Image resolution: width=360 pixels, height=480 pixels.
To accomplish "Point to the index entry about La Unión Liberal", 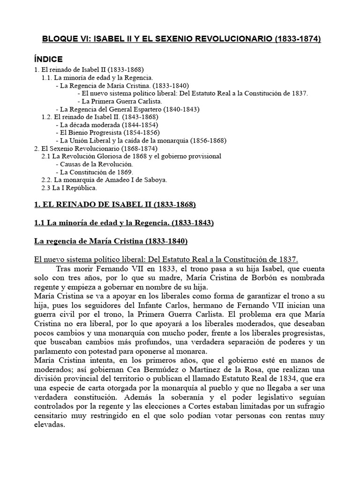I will point(141,140).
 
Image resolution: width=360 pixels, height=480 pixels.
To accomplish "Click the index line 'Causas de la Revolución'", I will point(94,164).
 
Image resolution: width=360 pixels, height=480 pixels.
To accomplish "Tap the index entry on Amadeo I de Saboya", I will point(104,180).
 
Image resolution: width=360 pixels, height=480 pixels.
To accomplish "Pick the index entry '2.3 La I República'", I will point(69,187).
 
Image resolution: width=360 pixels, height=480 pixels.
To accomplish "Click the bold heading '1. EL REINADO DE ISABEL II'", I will point(115,205).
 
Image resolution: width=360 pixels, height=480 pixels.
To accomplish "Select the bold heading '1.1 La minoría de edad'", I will point(124,223).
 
